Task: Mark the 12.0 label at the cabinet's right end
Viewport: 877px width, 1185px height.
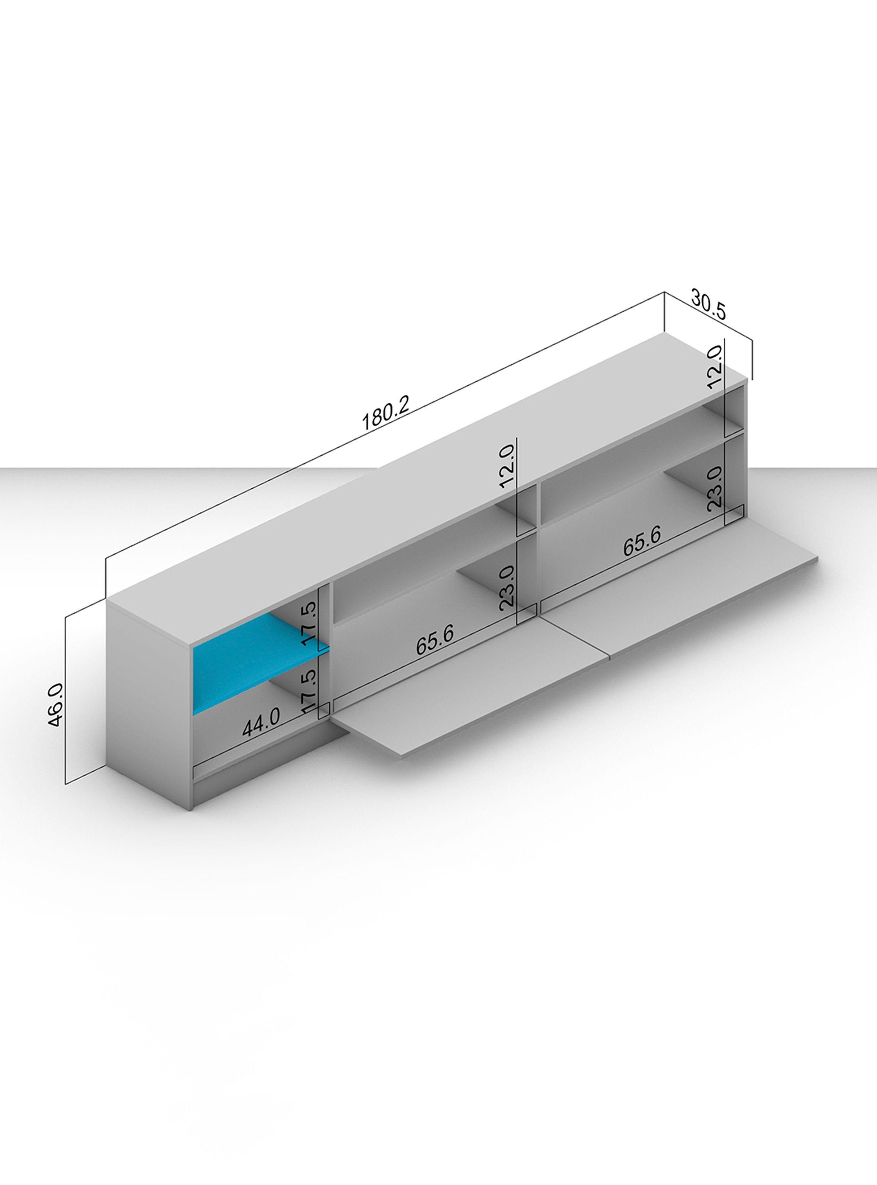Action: [714, 366]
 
